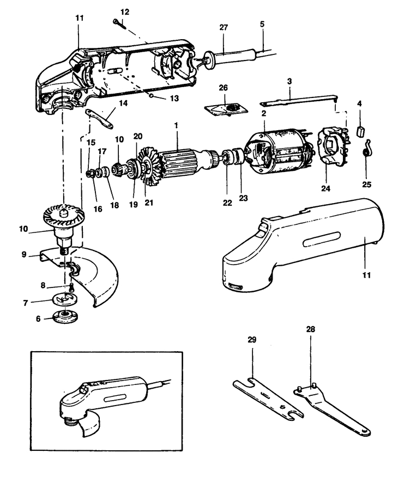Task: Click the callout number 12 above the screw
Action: tap(125, 11)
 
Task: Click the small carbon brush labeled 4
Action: tap(360, 131)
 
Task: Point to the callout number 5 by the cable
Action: tap(262, 24)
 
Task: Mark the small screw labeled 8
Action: tap(70, 287)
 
